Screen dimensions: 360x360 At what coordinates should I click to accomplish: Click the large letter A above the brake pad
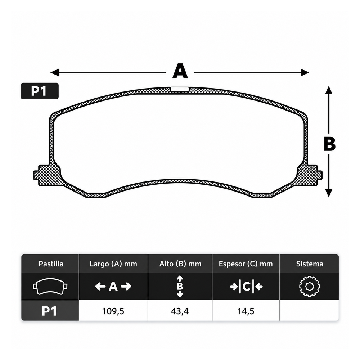[180, 71]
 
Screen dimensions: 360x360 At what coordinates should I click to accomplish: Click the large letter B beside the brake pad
[329, 144]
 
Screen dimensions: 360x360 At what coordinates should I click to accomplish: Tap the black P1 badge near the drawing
[40, 91]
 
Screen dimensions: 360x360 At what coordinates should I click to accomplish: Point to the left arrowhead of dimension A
[55, 73]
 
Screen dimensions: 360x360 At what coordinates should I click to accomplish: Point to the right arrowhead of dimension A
[305, 73]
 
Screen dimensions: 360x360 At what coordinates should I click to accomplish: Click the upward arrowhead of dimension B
[329, 90]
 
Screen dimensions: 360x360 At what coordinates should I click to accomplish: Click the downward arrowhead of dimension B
[329, 193]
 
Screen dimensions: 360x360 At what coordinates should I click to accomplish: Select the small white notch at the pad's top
[180, 89]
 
